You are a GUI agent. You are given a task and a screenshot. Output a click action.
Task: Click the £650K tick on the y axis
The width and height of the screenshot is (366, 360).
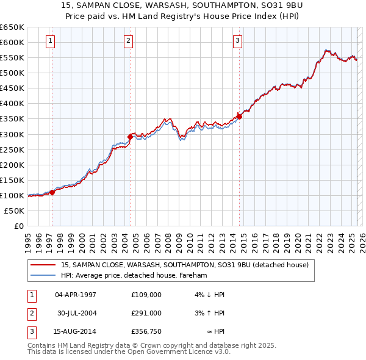(x=12, y=27)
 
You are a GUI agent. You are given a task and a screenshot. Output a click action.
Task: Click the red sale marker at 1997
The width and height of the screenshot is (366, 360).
(x=52, y=192)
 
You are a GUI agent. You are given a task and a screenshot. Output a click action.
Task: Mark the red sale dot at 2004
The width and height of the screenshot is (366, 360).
(x=130, y=137)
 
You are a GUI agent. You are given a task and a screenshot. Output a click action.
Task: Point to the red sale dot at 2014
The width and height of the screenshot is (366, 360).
(x=239, y=117)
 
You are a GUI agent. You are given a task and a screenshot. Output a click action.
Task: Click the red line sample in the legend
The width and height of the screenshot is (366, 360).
(x=43, y=265)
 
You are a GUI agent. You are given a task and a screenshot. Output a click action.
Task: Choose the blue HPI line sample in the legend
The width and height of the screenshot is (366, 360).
(x=43, y=275)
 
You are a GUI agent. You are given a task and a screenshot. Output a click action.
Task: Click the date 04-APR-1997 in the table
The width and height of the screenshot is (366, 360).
(x=76, y=295)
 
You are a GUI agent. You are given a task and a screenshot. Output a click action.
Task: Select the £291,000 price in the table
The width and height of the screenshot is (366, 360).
(x=146, y=312)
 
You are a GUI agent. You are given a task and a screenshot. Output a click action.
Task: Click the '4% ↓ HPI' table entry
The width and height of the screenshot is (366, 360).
(x=208, y=295)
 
